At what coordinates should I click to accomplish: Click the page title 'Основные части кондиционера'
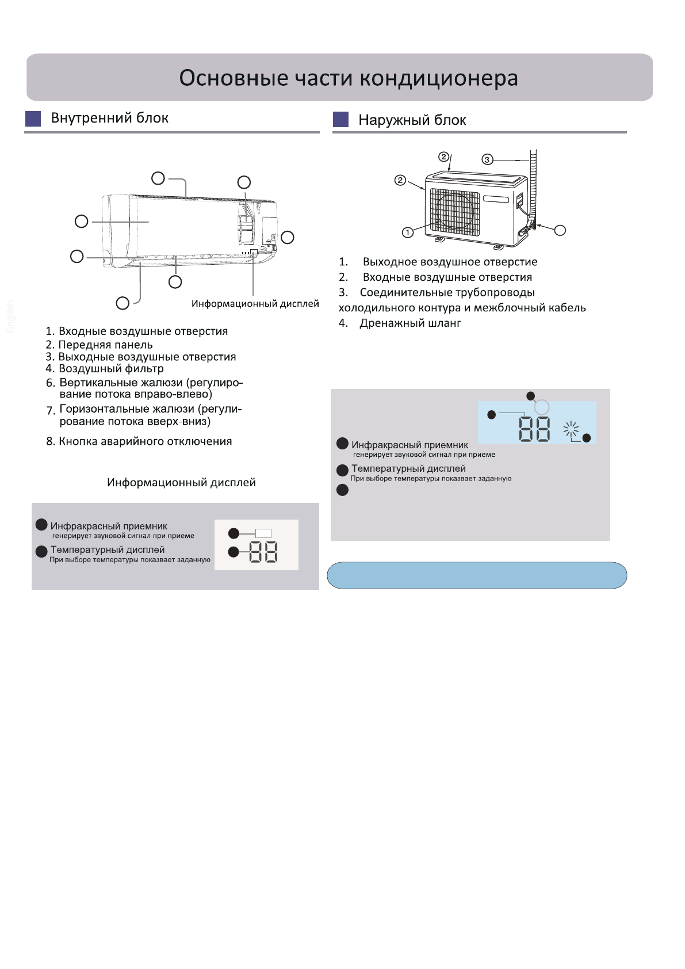pyautogui.click(x=348, y=78)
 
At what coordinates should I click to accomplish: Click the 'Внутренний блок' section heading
pyautogui.click(x=109, y=118)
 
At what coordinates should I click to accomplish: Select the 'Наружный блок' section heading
pyautogui.click(x=412, y=120)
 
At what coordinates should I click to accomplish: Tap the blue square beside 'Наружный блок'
pyautogui.click(x=341, y=119)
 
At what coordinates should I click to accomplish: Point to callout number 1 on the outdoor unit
pyautogui.click(x=408, y=232)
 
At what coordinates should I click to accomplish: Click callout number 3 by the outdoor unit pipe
pyautogui.click(x=487, y=159)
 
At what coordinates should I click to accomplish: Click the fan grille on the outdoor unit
pyautogui.click(x=455, y=211)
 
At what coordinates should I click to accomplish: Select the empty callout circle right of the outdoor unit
pyautogui.click(x=560, y=231)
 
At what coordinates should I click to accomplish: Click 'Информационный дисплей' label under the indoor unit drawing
pyautogui.click(x=255, y=304)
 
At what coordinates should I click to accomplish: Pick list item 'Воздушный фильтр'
pyautogui.click(x=111, y=369)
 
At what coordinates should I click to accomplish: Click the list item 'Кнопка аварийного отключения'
pyautogui.click(x=145, y=441)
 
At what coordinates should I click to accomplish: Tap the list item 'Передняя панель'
pyautogui.click(x=105, y=345)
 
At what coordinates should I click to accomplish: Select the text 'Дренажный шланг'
pyautogui.click(x=410, y=323)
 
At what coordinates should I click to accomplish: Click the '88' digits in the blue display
pyautogui.click(x=535, y=429)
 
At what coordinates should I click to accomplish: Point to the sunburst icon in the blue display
pyautogui.click(x=571, y=429)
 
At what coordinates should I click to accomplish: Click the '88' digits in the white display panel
pyautogui.click(x=263, y=552)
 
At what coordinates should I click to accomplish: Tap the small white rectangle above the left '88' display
pyautogui.click(x=263, y=533)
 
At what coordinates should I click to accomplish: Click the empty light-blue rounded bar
pyautogui.click(x=477, y=575)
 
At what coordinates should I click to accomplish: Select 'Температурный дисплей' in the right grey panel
pyautogui.click(x=408, y=469)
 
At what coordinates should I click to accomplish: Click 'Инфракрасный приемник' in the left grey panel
pyautogui.click(x=109, y=527)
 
